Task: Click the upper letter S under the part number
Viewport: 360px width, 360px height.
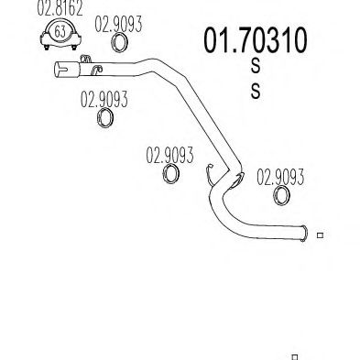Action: coord(255,68)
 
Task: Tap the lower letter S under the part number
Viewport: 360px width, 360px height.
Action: coord(255,91)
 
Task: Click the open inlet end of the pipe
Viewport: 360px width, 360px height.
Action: coord(57,69)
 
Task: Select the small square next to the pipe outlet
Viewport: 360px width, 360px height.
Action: coord(320,235)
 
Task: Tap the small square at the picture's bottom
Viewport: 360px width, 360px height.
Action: coord(294,356)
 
